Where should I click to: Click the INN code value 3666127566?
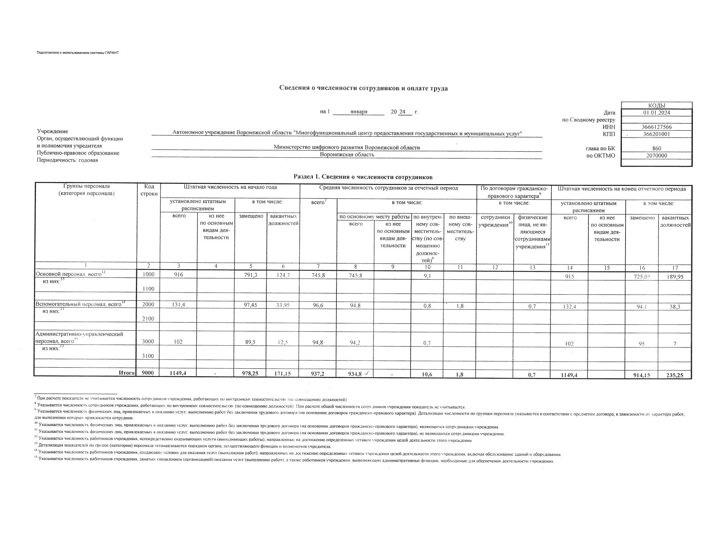(x=656, y=127)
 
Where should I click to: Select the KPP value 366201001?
(x=656, y=134)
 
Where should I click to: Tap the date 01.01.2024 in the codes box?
(x=656, y=112)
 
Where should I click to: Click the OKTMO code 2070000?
(x=656, y=155)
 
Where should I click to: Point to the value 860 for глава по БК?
(x=656, y=149)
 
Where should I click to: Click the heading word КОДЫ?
(x=656, y=106)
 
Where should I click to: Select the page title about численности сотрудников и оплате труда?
(x=363, y=88)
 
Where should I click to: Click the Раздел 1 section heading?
(x=363, y=177)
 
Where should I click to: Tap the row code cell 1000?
(x=148, y=274)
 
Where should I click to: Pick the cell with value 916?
(x=178, y=274)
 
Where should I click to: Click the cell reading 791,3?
(x=251, y=275)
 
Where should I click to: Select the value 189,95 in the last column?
(x=675, y=277)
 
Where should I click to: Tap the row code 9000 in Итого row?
(x=148, y=373)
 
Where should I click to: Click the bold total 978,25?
(x=251, y=374)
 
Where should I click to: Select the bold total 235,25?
(x=675, y=375)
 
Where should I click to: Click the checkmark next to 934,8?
(x=367, y=373)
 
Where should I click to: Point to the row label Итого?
(x=127, y=373)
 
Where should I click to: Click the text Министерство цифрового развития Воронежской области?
(x=347, y=147)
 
